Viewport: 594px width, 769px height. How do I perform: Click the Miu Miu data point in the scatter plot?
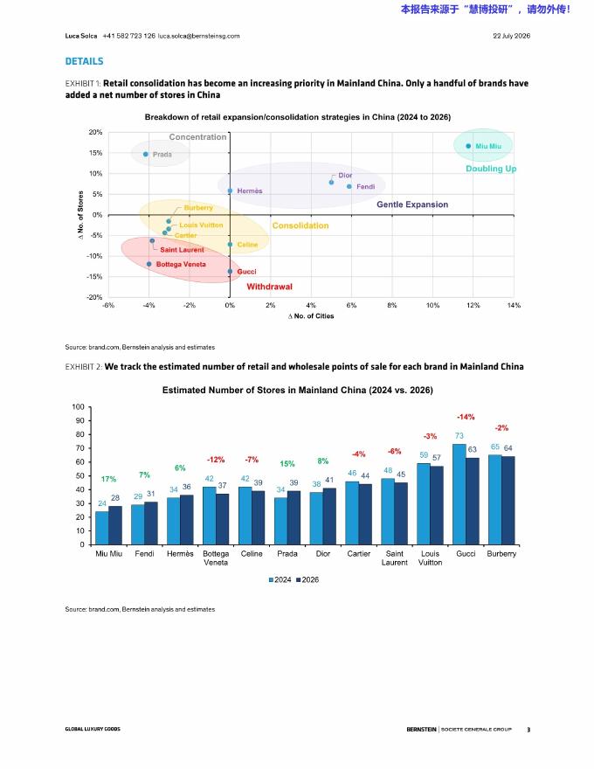coord(468,146)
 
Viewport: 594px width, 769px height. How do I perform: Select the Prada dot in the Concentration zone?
coord(146,155)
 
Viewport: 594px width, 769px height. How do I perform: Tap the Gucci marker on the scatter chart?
coord(230,271)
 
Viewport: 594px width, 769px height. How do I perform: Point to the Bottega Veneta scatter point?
coord(149,264)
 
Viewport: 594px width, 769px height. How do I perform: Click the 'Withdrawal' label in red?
coord(269,287)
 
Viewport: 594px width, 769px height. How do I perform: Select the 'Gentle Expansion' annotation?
coord(412,204)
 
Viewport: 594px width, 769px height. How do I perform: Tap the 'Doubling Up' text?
coord(491,169)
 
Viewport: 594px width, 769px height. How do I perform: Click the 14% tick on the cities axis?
coord(514,305)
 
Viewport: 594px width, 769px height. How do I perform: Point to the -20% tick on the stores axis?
coord(94,297)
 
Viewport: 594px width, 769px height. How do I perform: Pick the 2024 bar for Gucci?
coord(459,495)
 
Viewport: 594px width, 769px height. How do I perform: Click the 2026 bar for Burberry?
coord(508,501)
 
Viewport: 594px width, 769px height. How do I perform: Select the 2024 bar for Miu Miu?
coord(102,528)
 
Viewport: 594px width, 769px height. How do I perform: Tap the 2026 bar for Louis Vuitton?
coord(437,506)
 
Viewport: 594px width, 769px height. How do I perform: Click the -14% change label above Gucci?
coord(466,417)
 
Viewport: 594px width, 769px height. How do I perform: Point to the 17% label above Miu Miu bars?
coord(109,479)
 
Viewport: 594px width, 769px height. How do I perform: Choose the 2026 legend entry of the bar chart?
coord(307,579)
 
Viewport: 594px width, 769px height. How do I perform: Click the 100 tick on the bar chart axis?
coord(79,407)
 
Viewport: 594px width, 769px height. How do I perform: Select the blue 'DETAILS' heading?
coord(85,61)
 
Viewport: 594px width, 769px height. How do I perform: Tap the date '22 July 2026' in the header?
coord(512,36)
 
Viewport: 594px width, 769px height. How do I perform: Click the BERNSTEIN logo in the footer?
coord(421,730)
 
